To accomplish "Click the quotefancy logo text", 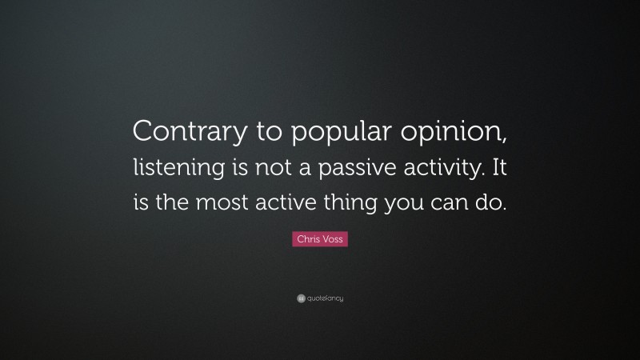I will tap(325, 298).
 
